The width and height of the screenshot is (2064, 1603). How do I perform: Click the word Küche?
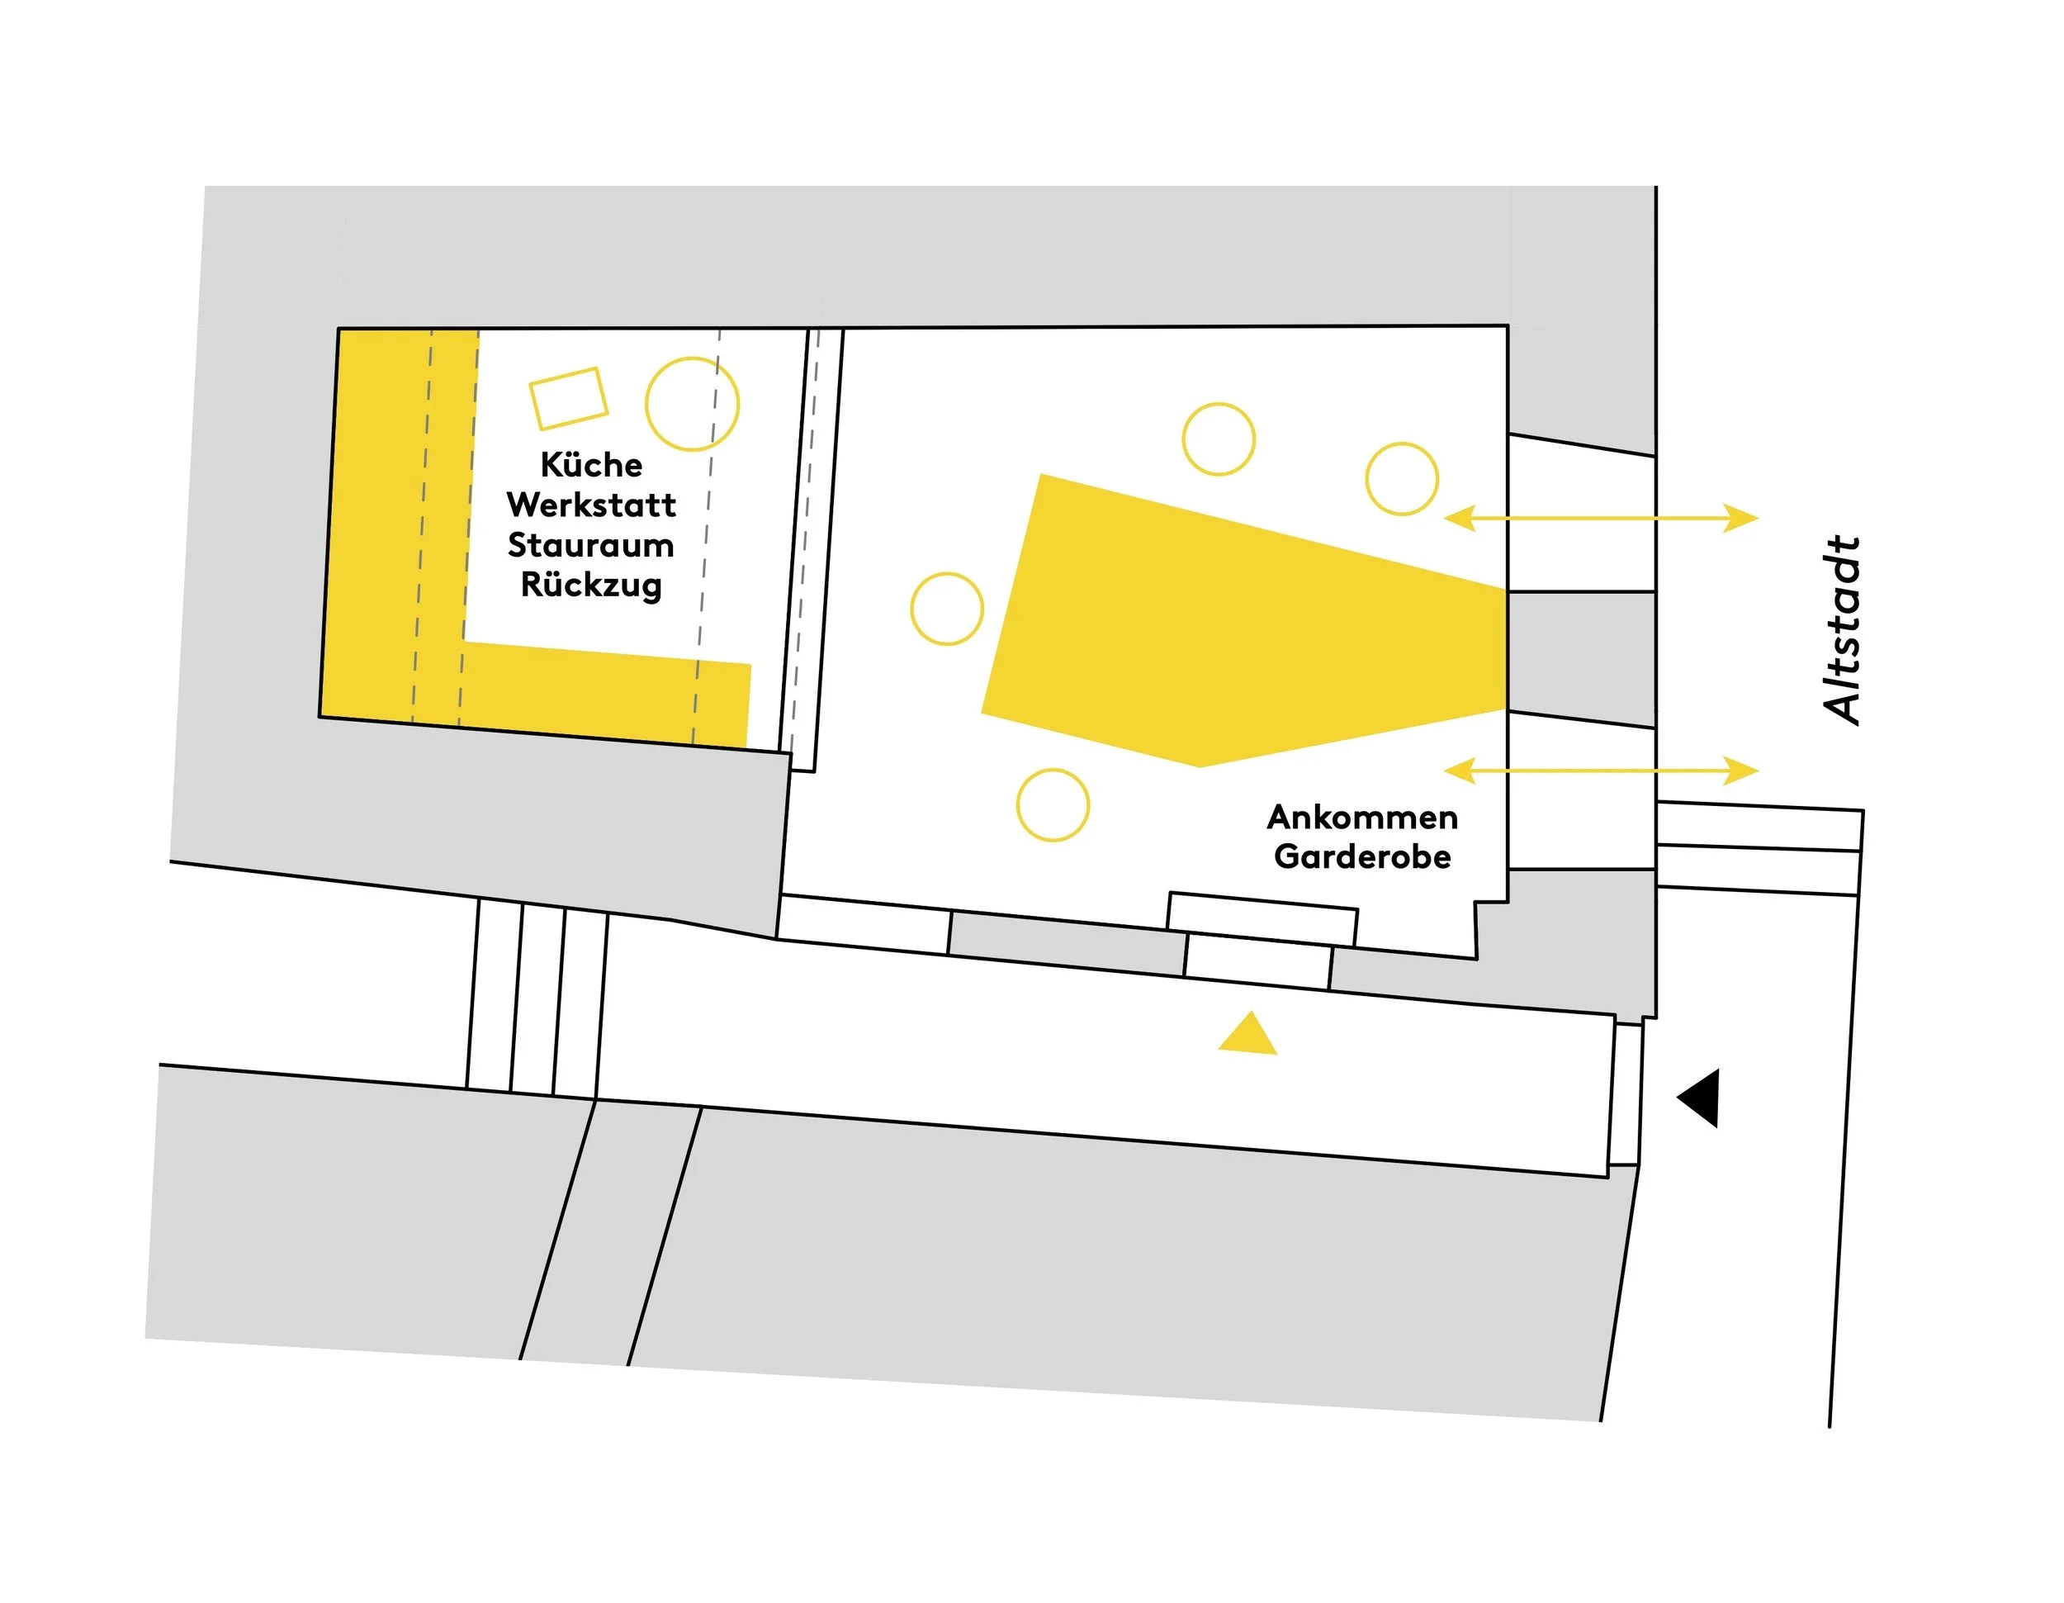(x=592, y=464)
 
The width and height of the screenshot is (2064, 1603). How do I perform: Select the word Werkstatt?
(x=592, y=505)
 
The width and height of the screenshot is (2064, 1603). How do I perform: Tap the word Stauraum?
(x=592, y=544)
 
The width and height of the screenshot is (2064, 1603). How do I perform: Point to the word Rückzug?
(x=592, y=584)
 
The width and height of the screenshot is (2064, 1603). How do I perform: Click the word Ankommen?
(x=1363, y=817)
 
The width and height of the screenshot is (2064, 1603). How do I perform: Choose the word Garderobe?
(x=1363, y=856)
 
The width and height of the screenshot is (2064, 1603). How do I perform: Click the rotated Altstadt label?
(x=1842, y=630)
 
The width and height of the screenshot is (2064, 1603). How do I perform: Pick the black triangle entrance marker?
(x=1698, y=1098)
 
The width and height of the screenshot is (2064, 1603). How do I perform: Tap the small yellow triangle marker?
(x=1248, y=1035)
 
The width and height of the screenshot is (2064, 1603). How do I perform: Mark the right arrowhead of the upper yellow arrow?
(x=1741, y=518)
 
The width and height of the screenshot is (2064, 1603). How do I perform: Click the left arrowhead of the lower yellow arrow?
(x=1461, y=771)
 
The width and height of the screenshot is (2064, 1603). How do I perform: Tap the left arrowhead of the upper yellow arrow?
(x=1461, y=518)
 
